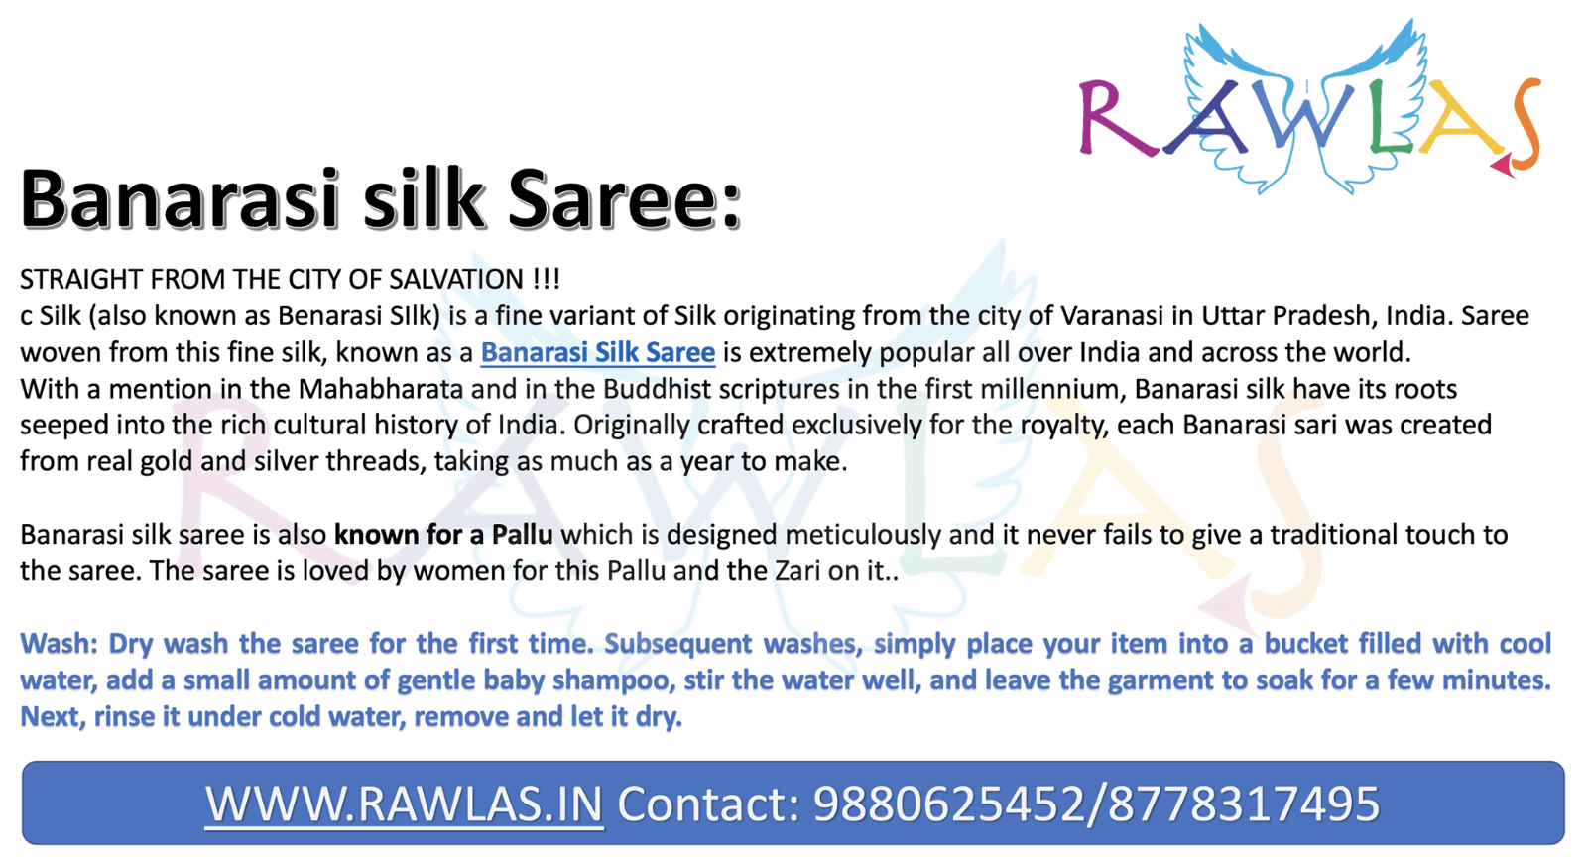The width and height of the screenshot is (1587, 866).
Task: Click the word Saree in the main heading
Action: click(624, 199)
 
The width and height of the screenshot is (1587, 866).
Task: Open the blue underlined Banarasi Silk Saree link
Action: click(598, 352)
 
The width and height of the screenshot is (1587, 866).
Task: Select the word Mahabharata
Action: click(381, 388)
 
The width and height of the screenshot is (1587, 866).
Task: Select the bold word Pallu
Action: click(522, 534)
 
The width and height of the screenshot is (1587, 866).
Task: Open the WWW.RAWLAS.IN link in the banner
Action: click(405, 804)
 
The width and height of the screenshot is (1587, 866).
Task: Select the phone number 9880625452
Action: click(948, 804)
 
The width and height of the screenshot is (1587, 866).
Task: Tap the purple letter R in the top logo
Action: click(1115, 118)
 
